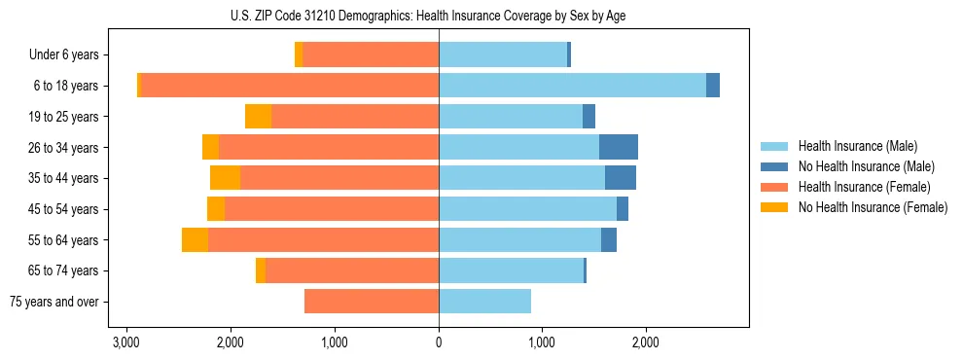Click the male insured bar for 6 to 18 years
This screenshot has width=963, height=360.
pyautogui.click(x=572, y=86)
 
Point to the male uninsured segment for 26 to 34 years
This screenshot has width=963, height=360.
pyautogui.click(x=619, y=148)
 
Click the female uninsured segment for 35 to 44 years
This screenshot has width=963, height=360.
pyautogui.click(x=225, y=178)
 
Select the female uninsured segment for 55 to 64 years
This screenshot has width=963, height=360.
pyautogui.click(x=195, y=240)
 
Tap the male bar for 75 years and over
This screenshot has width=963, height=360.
pyautogui.click(x=484, y=302)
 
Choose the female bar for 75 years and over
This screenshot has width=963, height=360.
pyautogui.click(x=372, y=302)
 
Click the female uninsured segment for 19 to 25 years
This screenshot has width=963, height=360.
pyautogui.click(x=258, y=117)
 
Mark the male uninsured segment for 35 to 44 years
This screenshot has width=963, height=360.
pyautogui.click(x=621, y=178)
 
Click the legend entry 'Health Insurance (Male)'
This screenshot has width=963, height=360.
pyautogui.click(x=858, y=146)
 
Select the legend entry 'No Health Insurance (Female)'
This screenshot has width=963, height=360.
pyautogui.click(x=873, y=207)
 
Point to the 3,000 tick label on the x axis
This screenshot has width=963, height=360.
pyautogui.click(x=125, y=342)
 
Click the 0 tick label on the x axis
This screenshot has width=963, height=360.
pyautogui.click(x=439, y=342)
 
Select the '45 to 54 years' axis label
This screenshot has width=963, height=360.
pyautogui.click(x=65, y=209)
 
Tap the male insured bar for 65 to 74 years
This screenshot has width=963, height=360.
pyautogui.click(x=511, y=270)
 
